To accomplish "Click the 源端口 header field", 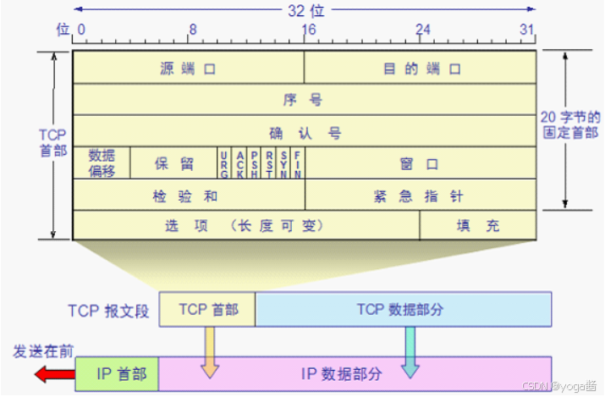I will tap(188, 68).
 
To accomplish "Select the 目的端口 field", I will tap(421, 68).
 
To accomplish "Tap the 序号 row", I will tap(305, 99).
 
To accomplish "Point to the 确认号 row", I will tap(305, 132).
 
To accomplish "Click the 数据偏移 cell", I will tap(102, 163).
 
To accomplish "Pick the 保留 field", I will tap(173, 163).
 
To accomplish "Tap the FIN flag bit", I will tap(298, 163).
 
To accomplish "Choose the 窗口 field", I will tap(421, 163).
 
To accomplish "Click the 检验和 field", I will tap(188, 195).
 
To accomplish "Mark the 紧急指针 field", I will tap(421, 195).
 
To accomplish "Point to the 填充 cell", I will tap(478, 225).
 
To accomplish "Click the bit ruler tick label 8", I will tap(193, 29).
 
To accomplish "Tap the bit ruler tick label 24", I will tap(421, 29).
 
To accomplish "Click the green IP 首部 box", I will tap(117, 372).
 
